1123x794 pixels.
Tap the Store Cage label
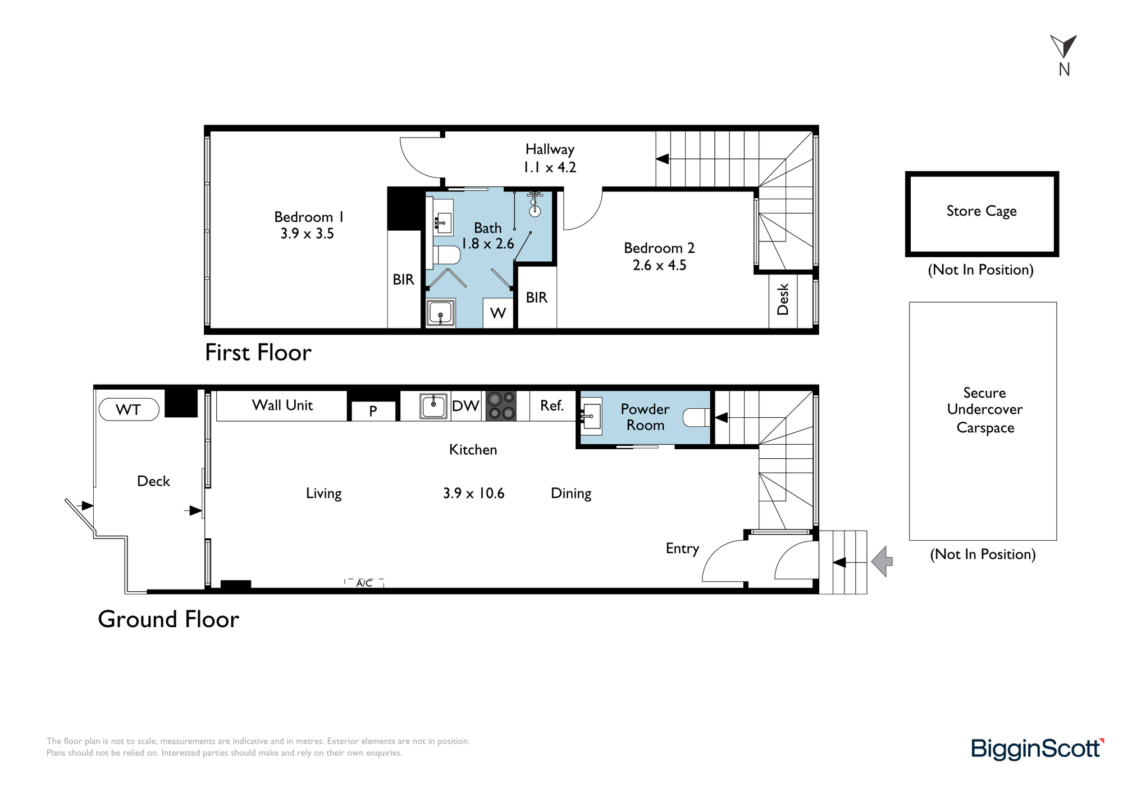(x=982, y=211)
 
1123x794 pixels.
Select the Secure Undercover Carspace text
(x=985, y=410)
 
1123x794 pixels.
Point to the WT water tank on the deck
(x=129, y=409)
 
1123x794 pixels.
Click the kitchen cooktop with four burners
(x=501, y=406)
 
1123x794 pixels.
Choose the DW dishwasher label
(x=465, y=406)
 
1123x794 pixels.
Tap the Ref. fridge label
(x=552, y=405)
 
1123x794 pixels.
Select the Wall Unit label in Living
(x=282, y=405)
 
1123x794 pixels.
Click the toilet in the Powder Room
(x=696, y=417)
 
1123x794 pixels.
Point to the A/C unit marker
(x=364, y=583)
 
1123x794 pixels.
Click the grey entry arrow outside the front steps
(x=882, y=561)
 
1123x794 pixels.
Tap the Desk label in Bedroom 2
(x=783, y=299)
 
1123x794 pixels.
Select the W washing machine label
(x=498, y=313)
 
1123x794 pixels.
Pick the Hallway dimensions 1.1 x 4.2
(x=550, y=167)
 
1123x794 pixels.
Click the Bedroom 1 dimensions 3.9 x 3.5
(x=307, y=234)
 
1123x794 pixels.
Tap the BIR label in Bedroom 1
(x=403, y=279)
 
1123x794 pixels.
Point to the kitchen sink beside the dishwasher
(x=434, y=405)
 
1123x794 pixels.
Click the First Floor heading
(x=258, y=353)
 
